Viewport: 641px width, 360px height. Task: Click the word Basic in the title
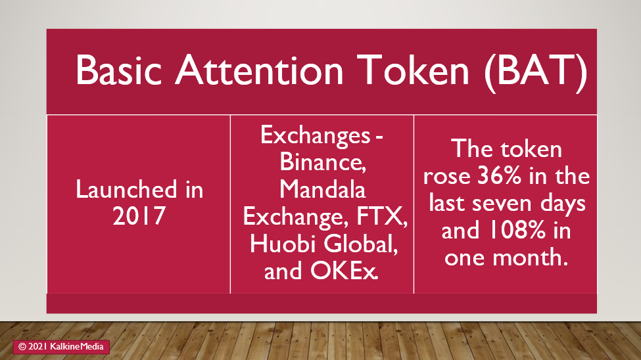(118, 70)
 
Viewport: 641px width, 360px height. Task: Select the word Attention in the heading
(259, 70)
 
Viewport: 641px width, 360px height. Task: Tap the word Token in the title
(413, 70)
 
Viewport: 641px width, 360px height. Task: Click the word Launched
(126, 189)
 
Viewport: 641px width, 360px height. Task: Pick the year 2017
(139, 216)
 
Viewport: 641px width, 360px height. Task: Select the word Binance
(323, 162)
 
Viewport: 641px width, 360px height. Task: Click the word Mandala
(323, 189)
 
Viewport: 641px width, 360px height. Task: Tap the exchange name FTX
(382, 217)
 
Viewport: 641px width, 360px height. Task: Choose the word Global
(360, 244)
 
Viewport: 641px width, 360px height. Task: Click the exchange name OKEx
(344, 271)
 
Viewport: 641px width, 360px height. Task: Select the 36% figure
(500, 175)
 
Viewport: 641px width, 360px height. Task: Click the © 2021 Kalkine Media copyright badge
(61, 346)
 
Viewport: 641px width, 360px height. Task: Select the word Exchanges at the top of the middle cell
(315, 135)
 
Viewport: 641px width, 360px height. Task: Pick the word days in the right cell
(563, 204)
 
